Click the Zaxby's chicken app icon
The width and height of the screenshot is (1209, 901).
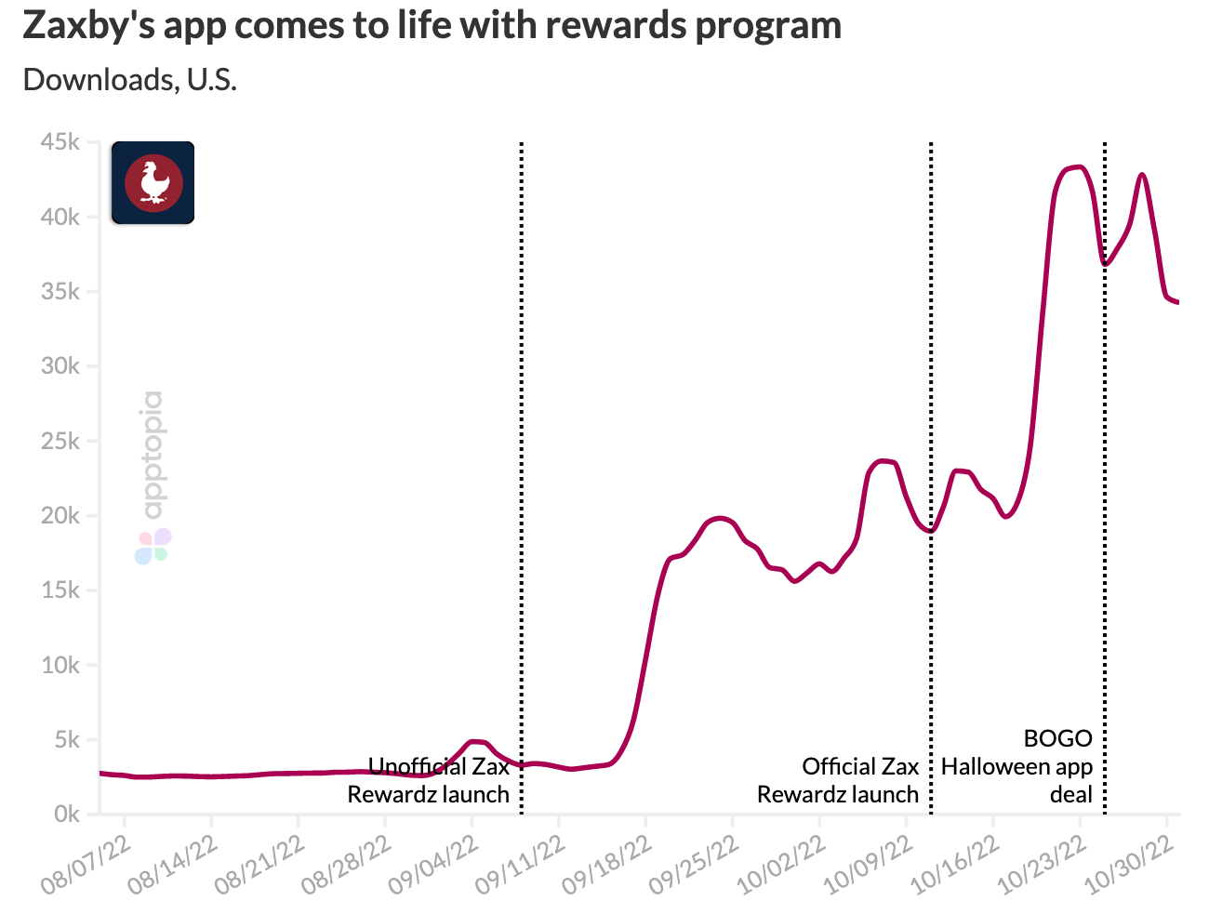(x=153, y=182)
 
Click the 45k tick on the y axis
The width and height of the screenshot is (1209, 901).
(x=60, y=142)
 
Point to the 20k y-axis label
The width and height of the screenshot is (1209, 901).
(x=60, y=516)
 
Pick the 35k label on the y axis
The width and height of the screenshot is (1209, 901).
(x=60, y=292)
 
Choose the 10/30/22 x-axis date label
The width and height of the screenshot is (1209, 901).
(x=1125, y=866)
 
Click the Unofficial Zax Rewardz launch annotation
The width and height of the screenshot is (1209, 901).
(x=430, y=780)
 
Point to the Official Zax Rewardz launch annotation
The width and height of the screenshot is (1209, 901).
(x=839, y=780)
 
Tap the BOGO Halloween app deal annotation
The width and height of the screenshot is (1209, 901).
(x=1018, y=766)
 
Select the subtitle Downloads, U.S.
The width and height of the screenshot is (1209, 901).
(x=130, y=80)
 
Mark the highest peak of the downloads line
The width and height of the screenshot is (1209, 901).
(x=1077, y=167)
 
